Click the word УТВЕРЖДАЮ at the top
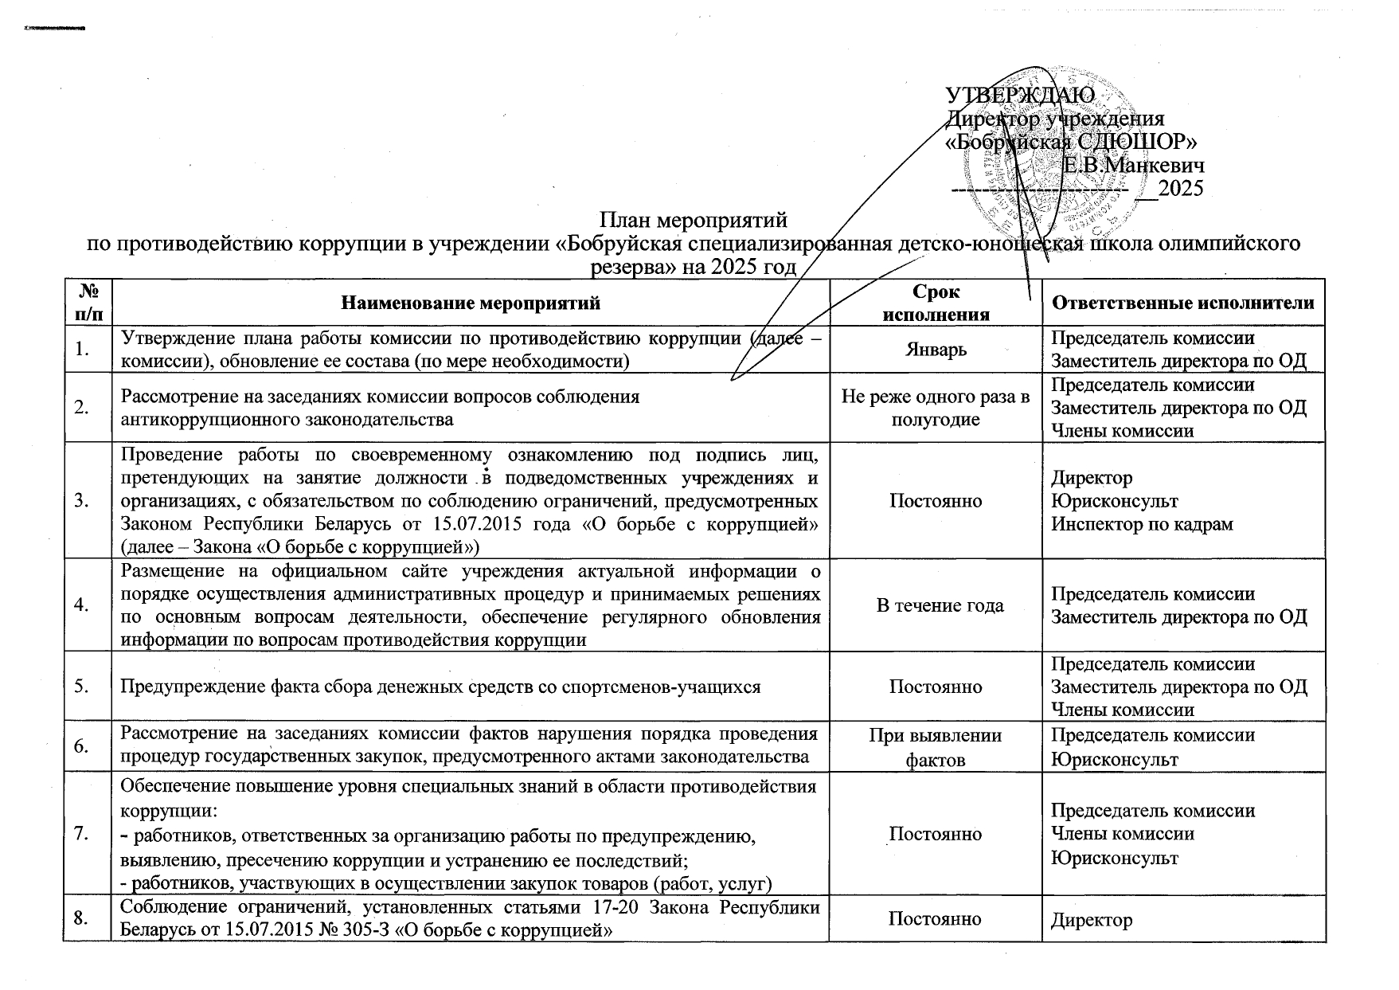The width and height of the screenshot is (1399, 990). tap(1021, 96)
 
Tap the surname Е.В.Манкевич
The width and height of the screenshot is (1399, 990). tap(1134, 166)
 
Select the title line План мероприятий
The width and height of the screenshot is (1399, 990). tap(693, 218)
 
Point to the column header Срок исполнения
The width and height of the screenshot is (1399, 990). tap(936, 303)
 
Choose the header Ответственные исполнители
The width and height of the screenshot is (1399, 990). tap(1182, 303)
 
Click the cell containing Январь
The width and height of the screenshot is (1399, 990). tap(936, 350)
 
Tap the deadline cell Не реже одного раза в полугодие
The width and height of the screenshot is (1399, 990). tap(936, 408)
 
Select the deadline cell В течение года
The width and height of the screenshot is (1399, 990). tap(936, 605)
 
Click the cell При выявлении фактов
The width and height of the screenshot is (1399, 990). tap(936, 747)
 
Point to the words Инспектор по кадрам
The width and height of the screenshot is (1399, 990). tap(1142, 524)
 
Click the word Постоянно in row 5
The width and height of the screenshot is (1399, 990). tap(936, 686)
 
